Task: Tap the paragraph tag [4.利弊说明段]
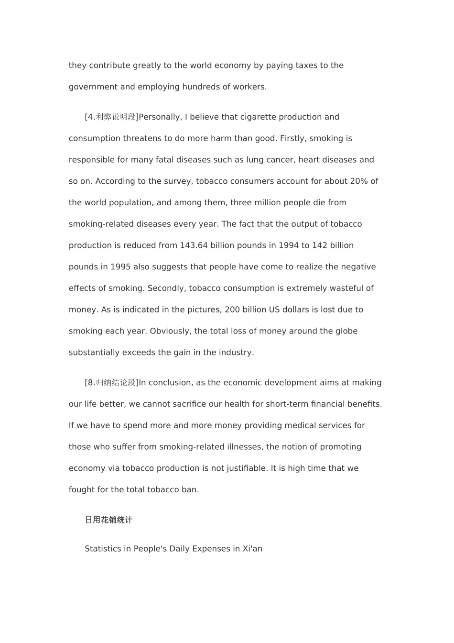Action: coord(111,117)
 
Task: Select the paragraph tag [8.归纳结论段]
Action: coord(111,383)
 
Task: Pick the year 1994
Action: coord(288,245)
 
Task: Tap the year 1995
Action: coord(120,267)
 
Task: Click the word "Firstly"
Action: coord(293,139)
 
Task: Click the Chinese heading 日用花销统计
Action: coord(108,520)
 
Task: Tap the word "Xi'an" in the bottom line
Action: coord(252,549)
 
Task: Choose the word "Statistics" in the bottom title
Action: coord(103,549)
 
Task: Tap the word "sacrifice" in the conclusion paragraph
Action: coord(189,404)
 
